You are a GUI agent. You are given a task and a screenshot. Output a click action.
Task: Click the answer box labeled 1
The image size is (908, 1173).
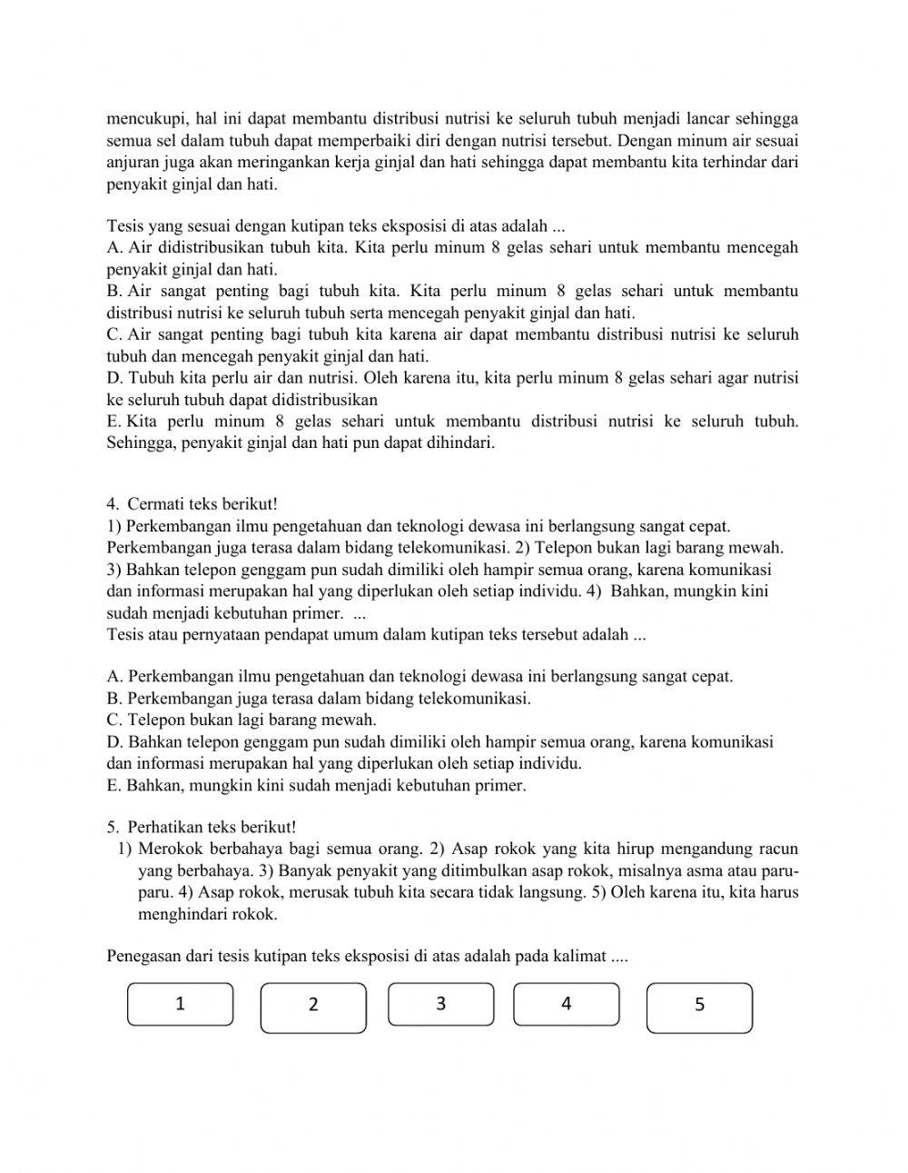[x=180, y=1004]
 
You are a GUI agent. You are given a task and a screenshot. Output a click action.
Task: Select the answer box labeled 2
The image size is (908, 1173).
[x=313, y=1008]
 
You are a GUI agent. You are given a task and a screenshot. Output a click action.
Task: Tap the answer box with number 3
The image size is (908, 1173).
[x=440, y=1004]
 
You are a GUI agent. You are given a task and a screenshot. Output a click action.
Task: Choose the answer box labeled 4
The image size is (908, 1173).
[x=567, y=1004]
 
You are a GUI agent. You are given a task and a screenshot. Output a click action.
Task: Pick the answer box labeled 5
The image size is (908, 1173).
[x=699, y=1008]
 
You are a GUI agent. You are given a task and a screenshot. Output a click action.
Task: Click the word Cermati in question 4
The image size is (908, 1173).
[x=157, y=503]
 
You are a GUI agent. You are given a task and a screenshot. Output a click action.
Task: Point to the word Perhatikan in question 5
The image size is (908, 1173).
[x=165, y=827]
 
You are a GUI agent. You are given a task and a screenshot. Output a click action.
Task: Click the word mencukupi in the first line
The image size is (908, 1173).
[x=145, y=119]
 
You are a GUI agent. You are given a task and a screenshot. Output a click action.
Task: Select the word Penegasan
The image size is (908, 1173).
[x=143, y=956]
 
